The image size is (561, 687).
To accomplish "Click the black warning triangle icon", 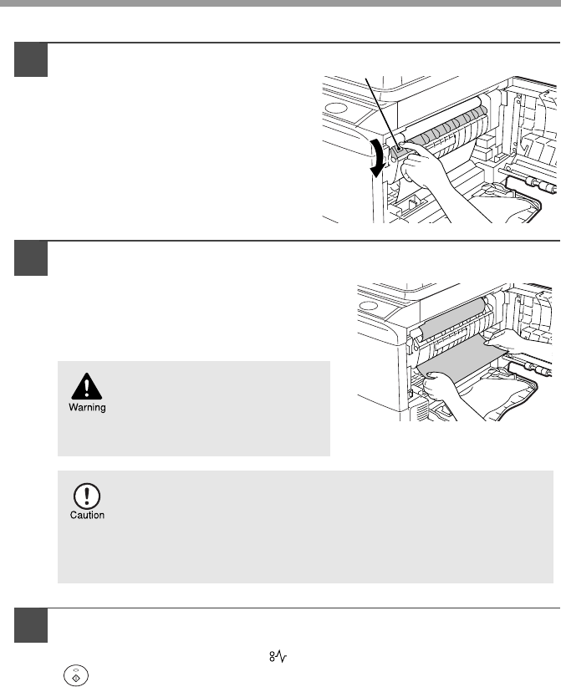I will click(84, 385).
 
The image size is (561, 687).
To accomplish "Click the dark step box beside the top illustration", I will click(32, 59).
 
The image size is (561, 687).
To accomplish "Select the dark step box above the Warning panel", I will click(32, 257).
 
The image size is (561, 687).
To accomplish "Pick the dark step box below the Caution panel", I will click(32, 624).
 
